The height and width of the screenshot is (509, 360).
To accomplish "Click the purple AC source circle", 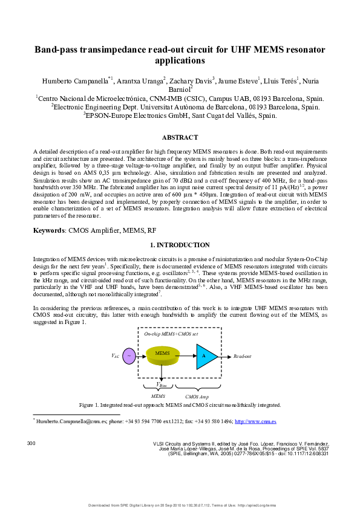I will pyautogui.click(x=129, y=356).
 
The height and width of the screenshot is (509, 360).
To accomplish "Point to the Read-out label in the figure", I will pyautogui.click(x=242, y=357).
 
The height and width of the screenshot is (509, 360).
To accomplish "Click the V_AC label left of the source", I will pyautogui.click(x=115, y=357).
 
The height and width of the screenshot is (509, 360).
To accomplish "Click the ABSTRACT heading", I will pyautogui.click(x=180, y=138).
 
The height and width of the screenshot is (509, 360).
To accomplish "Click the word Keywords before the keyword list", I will pyautogui.click(x=48, y=230).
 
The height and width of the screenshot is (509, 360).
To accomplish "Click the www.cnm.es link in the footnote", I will pyautogui.click(x=255, y=421).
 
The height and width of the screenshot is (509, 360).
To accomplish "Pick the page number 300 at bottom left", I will pyautogui.click(x=32, y=444).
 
